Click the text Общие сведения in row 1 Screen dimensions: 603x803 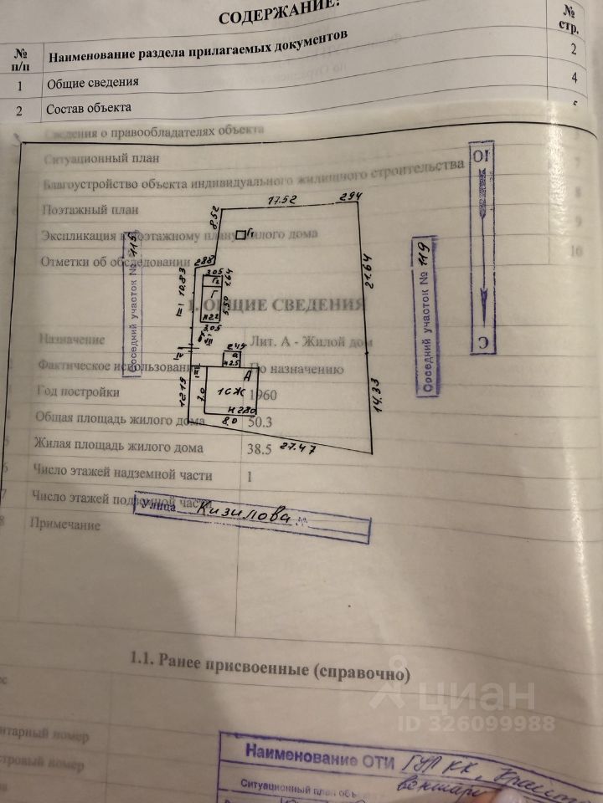93,83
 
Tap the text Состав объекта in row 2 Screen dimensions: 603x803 89,109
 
